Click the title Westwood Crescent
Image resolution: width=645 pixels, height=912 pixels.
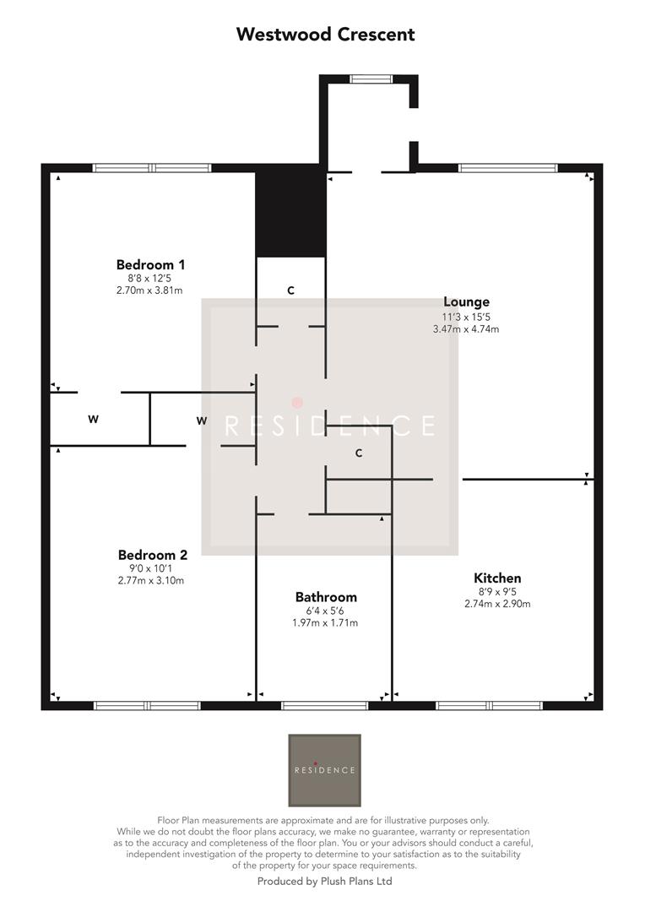pos(325,35)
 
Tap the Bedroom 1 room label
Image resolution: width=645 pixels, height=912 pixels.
pos(150,264)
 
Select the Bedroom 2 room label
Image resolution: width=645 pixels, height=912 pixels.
pos(152,555)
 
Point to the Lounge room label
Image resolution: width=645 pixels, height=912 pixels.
pos(466,301)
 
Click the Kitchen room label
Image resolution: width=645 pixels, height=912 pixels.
pos(497,578)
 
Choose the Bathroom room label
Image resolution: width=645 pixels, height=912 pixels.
pos(326,597)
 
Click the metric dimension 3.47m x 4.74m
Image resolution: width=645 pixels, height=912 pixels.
pos(466,329)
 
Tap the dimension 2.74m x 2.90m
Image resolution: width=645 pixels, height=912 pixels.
pos(497,604)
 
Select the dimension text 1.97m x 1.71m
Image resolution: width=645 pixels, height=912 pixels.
pos(325,623)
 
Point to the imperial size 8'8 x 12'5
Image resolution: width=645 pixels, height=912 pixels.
pos(149,279)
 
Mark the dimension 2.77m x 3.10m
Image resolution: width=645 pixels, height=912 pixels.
pos(151,580)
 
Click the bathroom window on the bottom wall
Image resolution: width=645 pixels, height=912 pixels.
pos(324,705)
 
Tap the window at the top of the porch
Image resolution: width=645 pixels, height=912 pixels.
pos(371,79)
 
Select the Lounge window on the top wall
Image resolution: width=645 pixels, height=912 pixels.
pos(507,168)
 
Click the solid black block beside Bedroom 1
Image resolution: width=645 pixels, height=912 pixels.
pos(290,211)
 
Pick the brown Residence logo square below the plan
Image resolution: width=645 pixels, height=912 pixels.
pos(324,770)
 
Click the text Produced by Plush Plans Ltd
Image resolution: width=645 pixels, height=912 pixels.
pos(324,881)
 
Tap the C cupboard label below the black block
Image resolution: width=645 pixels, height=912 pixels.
pos(290,290)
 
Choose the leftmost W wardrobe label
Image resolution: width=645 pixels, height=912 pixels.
pos(93,419)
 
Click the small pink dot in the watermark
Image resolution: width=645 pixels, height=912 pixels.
pos(297,403)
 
